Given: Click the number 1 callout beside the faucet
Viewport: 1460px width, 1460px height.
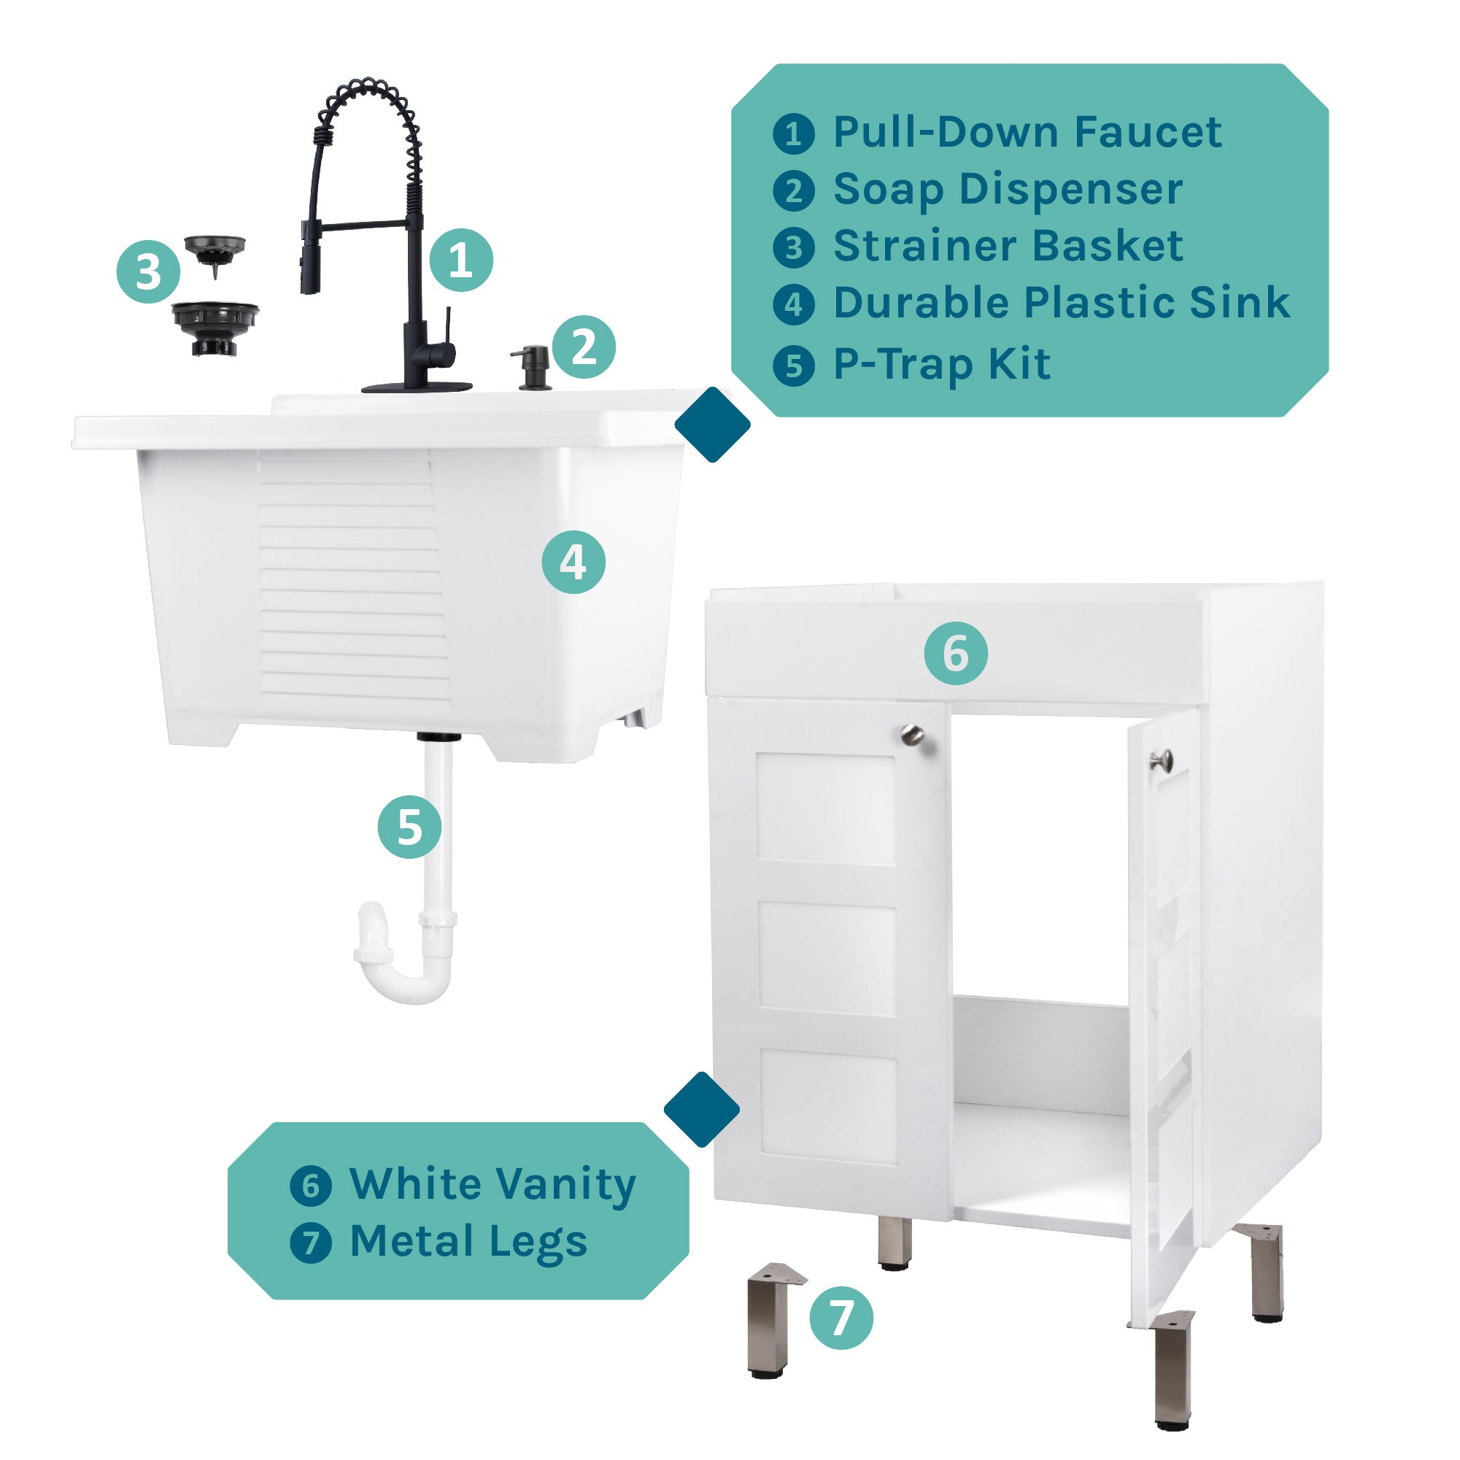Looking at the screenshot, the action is (461, 260).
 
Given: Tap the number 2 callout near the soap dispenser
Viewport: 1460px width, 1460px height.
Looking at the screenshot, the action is (584, 347).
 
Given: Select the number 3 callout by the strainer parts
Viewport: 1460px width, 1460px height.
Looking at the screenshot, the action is (148, 271).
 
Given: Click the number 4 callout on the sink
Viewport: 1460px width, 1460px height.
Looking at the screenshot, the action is (573, 562).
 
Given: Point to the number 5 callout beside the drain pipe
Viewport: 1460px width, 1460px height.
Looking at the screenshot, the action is (409, 827).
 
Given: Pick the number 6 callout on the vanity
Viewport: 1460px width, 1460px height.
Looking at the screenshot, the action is (956, 654).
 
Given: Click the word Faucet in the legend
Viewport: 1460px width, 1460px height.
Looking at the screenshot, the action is (1148, 133).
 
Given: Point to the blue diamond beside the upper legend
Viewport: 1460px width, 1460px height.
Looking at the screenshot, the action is (712, 425).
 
